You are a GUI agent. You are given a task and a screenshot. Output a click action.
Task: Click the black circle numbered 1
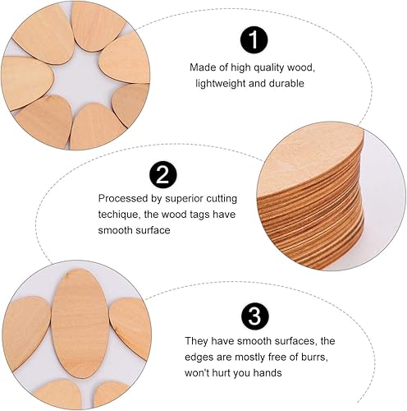click(254, 40)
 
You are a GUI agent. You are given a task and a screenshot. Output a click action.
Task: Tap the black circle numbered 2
click(163, 175)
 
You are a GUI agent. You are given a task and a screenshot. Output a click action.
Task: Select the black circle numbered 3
click(255, 316)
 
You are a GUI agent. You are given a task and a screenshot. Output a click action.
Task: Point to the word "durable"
click(286, 83)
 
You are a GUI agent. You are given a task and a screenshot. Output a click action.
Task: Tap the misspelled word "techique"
click(119, 215)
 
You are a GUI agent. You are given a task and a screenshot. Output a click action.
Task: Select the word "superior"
click(184, 199)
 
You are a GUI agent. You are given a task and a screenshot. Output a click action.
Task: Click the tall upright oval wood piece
click(80, 324)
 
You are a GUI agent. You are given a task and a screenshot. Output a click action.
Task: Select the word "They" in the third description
click(196, 341)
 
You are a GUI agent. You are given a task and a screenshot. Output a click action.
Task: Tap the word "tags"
click(200, 215)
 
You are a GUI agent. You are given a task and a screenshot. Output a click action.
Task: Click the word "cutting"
click(222, 199)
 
